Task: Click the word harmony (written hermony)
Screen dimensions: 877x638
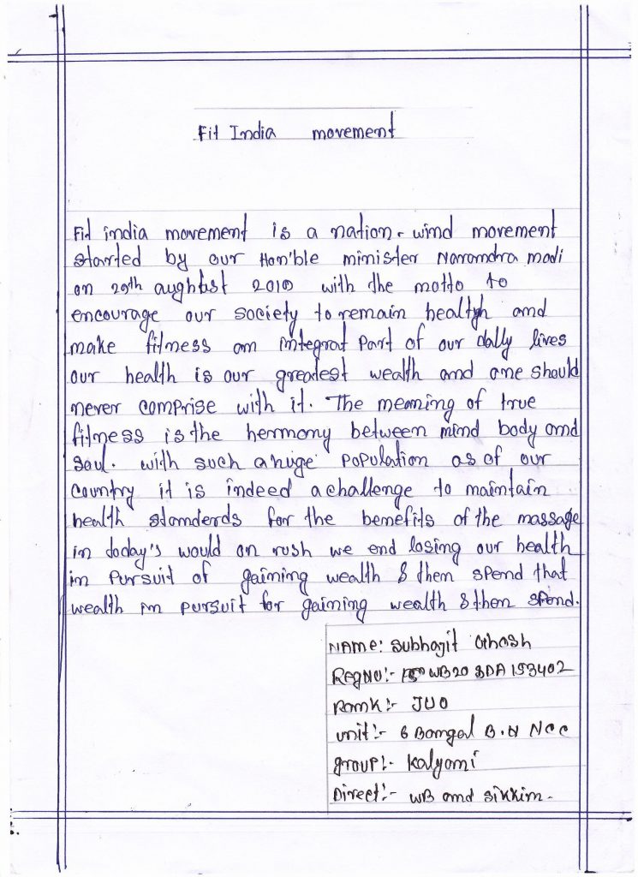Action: point(275,433)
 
